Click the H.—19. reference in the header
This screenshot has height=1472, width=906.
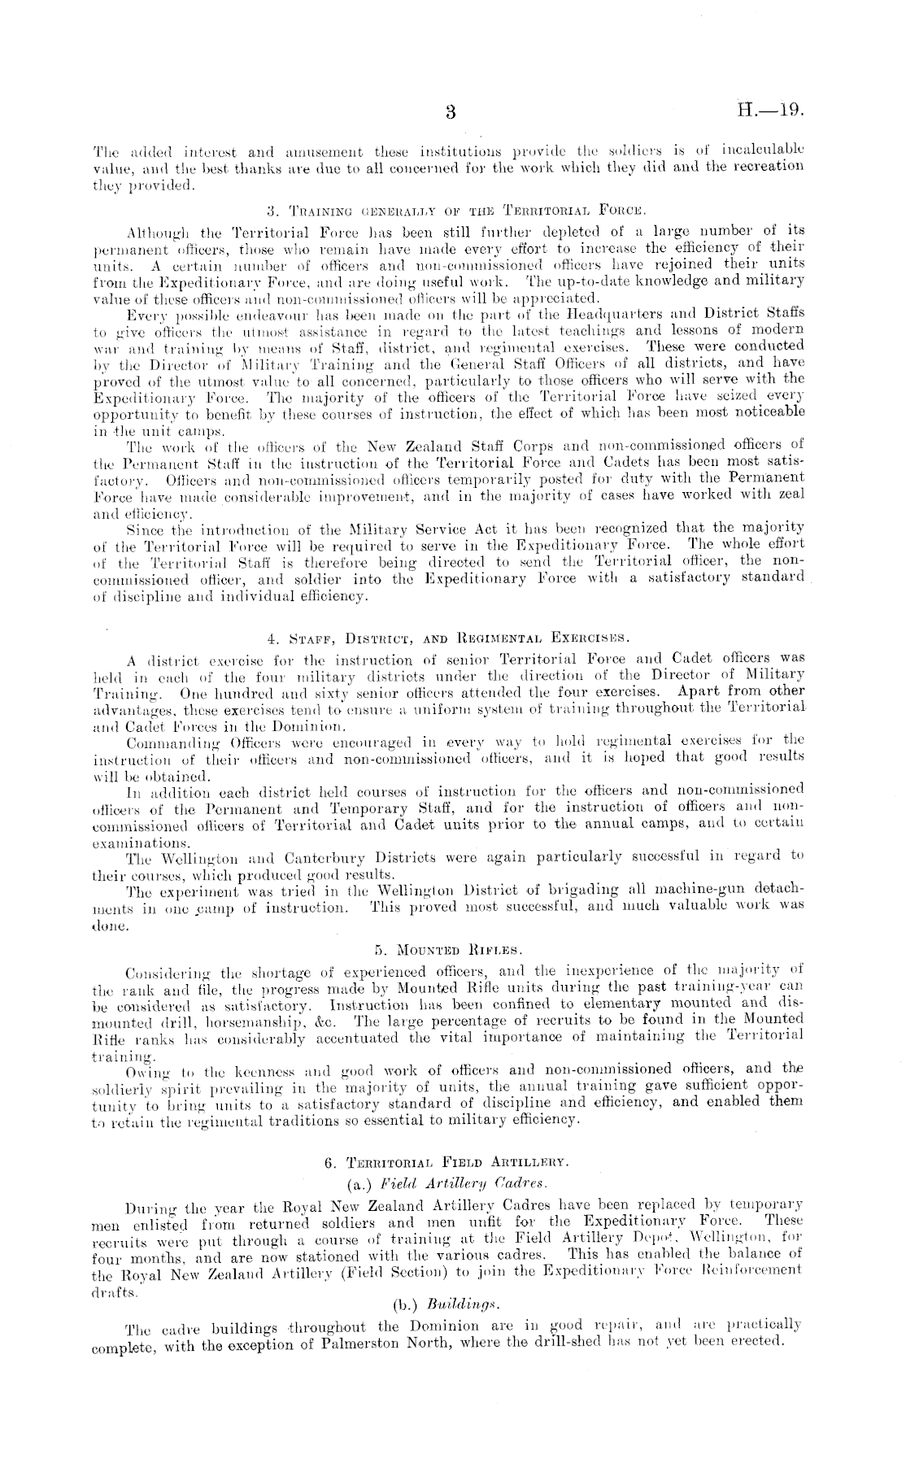pos(769,110)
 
